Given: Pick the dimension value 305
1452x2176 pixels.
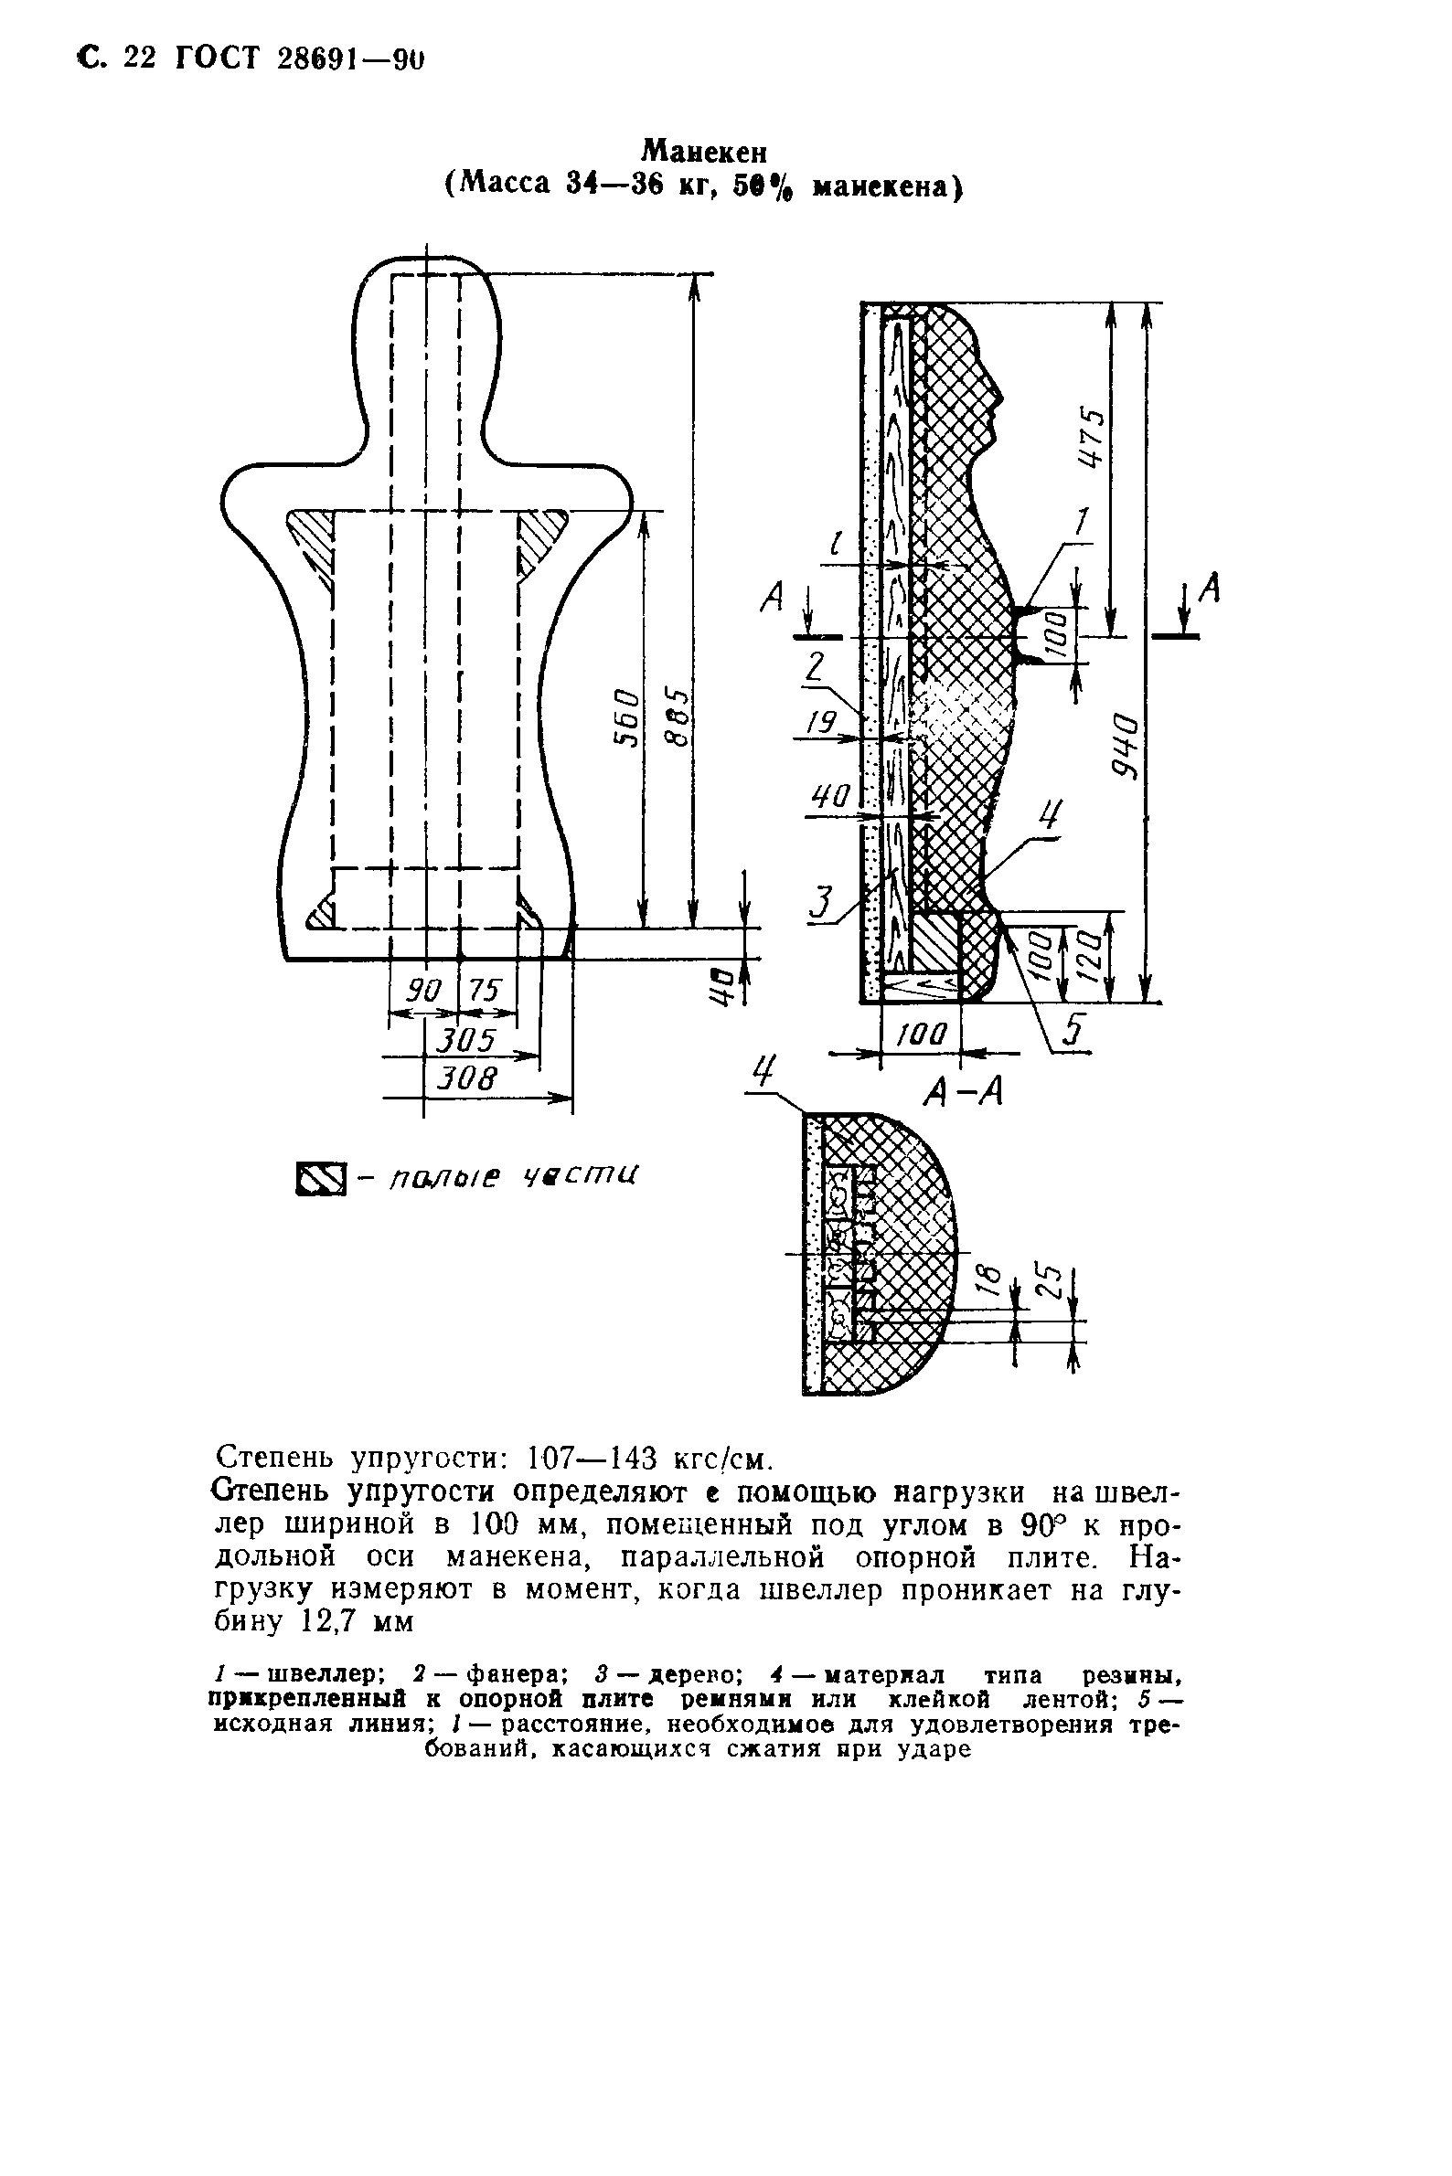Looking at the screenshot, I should (467, 1040).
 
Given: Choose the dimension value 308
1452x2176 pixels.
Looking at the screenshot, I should (467, 1077).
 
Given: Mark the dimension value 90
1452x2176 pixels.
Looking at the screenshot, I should (425, 992).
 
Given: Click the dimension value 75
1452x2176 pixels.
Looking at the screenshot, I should (484, 992).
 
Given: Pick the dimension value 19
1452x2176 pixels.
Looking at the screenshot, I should (821, 720).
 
